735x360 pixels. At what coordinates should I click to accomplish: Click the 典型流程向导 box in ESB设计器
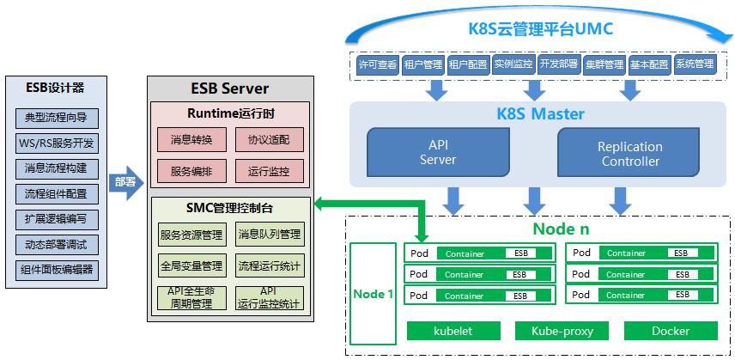pos(56,118)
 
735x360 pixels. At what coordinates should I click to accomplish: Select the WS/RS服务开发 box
pos(56,143)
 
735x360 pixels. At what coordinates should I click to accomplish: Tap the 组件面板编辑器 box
pos(56,270)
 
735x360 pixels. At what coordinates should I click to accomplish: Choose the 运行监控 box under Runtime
pos(269,171)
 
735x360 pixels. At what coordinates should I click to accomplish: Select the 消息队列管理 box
pos(269,235)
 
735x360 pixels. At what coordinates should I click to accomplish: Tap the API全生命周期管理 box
pos(191,297)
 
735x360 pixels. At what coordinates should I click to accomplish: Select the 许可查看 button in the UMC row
pos(377,64)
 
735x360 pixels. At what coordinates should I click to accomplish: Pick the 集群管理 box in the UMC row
pos(604,64)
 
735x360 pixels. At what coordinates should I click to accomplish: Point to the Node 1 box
pos(374,294)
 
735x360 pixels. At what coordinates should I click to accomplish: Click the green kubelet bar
pos(453,331)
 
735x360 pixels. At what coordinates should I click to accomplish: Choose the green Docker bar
pos(670,331)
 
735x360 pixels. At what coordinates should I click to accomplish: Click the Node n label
pos(561,229)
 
